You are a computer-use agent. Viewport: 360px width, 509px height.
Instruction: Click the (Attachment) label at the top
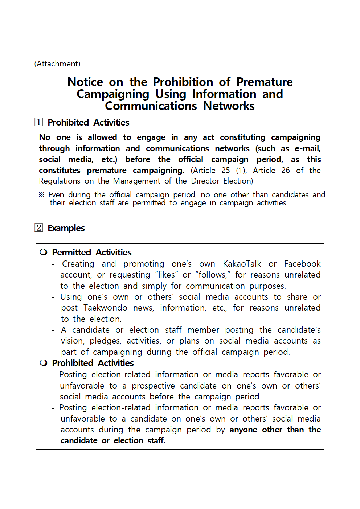click(57, 64)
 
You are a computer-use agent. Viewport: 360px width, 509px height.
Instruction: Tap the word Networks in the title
click(229, 106)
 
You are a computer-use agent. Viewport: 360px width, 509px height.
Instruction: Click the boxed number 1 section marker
click(39, 122)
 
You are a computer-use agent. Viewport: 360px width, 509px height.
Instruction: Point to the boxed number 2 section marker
click(39, 228)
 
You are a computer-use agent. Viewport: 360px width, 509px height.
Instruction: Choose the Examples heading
click(66, 228)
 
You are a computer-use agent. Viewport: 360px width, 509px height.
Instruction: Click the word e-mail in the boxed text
click(307, 148)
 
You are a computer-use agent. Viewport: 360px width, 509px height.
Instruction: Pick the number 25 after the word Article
click(225, 170)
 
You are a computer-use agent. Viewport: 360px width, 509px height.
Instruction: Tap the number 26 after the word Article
click(285, 170)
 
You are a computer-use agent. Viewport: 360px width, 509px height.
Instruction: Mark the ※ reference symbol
click(41, 195)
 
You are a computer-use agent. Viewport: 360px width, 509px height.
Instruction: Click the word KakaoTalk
click(242, 264)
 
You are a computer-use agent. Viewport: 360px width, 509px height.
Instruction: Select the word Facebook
click(302, 264)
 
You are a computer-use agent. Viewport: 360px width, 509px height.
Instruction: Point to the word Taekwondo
click(105, 308)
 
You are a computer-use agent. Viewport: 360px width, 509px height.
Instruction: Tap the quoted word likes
click(166, 275)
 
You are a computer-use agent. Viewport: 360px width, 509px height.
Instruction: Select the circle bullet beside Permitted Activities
click(44, 253)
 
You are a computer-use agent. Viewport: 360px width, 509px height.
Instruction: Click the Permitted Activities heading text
click(92, 253)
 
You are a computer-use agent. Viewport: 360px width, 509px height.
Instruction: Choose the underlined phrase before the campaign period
click(205, 397)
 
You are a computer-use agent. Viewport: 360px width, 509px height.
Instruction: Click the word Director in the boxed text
click(205, 181)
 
